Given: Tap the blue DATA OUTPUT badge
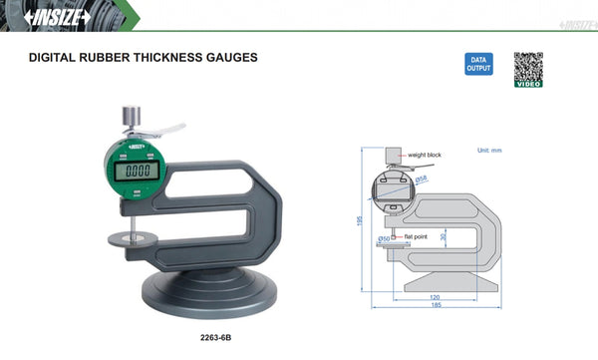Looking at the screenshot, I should (x=478, y=65).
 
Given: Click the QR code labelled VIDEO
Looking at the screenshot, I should (x=528, y=69).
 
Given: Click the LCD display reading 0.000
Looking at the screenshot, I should (x=133, y=171).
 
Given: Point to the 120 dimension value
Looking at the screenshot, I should (x=436, y=298).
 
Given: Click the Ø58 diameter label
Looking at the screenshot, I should (x=422, y=178).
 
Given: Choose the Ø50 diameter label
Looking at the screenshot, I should (x=384, y=239).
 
